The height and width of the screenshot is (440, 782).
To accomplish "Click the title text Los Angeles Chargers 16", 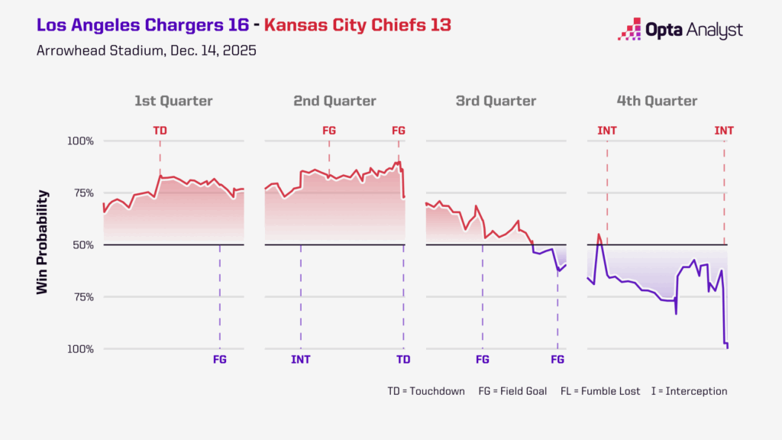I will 142,25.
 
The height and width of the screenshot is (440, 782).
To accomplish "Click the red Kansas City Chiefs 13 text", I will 357,25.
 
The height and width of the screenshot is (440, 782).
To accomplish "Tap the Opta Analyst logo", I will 680,31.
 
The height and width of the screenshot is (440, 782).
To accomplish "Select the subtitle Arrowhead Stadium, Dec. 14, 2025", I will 146,51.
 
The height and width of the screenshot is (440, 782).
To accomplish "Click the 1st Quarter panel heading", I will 173,101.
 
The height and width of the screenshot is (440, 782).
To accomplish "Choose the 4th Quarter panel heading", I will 657,101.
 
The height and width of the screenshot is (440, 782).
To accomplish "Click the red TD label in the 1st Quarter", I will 160,131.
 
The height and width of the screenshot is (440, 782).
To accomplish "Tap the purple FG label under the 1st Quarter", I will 220,359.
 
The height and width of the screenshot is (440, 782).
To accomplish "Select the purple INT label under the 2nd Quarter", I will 301,359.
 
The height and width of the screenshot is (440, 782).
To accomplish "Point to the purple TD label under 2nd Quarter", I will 403,359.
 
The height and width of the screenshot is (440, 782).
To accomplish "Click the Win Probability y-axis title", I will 44,242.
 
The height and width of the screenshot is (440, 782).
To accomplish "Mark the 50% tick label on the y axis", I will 81,245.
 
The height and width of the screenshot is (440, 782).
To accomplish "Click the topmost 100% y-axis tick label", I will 80,141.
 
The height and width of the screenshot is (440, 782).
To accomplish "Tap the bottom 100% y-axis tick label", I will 80,349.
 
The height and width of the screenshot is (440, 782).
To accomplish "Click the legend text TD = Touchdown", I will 425,391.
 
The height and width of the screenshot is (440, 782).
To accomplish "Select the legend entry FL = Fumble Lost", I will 603,391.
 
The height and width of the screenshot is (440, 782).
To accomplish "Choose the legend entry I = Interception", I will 690,391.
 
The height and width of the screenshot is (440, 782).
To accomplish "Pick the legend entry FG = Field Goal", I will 512,391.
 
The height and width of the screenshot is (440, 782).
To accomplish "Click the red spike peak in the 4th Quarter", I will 599,235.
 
